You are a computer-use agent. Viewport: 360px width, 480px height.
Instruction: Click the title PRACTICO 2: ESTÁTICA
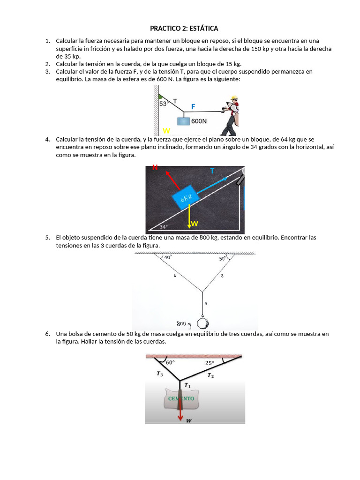(x=184, y=29)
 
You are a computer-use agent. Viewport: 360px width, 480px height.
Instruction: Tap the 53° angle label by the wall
(x=164, y=104)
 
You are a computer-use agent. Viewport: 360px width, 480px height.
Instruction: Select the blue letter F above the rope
(x=193, y=107)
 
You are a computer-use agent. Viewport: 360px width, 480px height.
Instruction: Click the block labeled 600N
(x=183, y=120)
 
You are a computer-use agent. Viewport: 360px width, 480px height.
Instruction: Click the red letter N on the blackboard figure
(x=155, y=167)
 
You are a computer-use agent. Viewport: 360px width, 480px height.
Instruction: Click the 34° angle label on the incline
(x=163, y=227)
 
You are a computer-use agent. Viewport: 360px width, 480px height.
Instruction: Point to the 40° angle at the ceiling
(x=167, y=257)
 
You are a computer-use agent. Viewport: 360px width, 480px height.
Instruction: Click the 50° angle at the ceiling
(x=222, y=258)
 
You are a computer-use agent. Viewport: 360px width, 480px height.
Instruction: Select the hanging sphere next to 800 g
(x=202, y=323)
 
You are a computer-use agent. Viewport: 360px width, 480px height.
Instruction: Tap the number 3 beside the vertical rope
(x=207, y=304)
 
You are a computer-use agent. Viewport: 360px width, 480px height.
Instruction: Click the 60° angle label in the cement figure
(x=170, y=362)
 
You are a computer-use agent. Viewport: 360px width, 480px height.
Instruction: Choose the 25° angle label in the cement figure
(x=209, y=362)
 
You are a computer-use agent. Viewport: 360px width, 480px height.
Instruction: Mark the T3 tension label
(x=160, y=374)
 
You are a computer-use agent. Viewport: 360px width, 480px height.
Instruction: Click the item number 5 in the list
(x=48, y=238)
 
